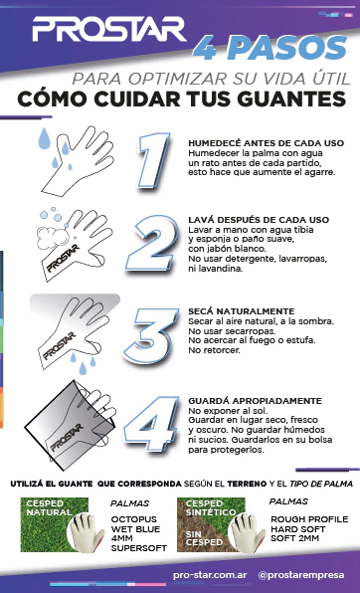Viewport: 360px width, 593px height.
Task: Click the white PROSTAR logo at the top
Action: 109,29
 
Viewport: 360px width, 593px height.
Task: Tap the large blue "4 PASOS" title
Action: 270,49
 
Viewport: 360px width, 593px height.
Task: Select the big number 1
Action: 154,160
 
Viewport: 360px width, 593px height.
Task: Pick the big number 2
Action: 153,243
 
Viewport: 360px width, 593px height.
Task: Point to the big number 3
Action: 151,336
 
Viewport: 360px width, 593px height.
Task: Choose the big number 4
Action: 151,424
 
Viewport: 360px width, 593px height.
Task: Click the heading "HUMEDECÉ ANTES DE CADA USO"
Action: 267,143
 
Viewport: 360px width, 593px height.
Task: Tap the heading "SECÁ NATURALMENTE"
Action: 242,311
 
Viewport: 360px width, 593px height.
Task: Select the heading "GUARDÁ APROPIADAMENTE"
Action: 255,401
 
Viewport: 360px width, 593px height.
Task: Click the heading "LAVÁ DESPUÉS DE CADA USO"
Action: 259,220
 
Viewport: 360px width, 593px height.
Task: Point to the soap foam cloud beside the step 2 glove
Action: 53,237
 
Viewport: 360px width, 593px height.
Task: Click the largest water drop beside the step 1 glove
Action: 44,138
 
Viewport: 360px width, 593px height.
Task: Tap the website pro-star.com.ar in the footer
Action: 210,575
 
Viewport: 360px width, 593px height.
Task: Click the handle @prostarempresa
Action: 301,575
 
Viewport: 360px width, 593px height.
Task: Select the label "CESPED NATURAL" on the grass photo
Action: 49,507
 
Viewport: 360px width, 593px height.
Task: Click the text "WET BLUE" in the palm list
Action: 135,528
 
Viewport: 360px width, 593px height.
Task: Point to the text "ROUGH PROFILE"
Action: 309,519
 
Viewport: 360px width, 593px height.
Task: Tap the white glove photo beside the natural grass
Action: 86,531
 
